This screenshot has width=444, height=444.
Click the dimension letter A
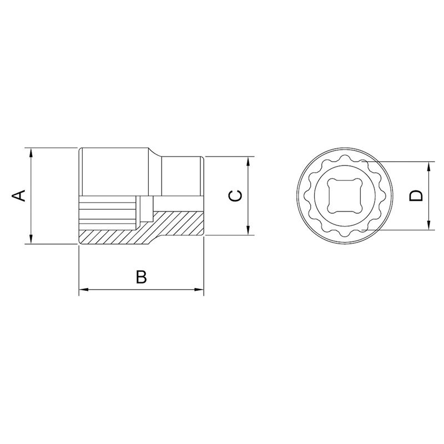[x=19, y=195]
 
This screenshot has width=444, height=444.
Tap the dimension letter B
[x=142, y=277]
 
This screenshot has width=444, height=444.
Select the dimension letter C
[x=235, y=195]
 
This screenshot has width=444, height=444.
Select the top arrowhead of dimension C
[x=248, y=160]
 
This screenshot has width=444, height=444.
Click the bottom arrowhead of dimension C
[x=248, y=231]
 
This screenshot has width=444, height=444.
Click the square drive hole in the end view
[x=344, y=195]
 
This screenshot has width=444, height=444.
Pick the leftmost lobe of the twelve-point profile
[x=307, y=195]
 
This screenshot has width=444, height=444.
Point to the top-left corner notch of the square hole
[x=330, y=181]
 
